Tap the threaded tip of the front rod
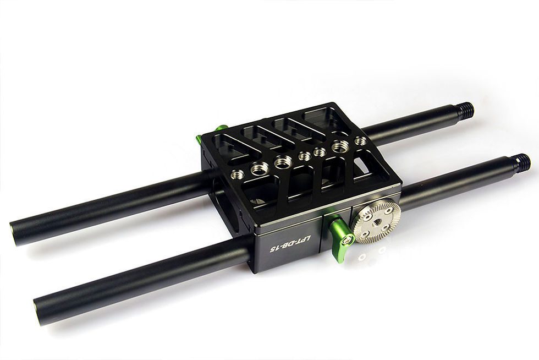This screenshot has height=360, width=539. pyautogui.click(x=522, y=162)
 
